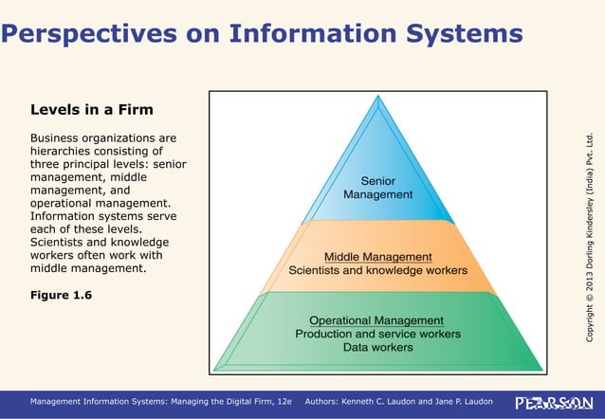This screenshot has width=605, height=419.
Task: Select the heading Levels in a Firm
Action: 93,110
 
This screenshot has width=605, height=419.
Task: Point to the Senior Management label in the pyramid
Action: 378,187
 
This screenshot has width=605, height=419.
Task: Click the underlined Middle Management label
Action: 378,256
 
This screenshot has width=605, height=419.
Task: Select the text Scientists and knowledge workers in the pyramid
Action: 378,270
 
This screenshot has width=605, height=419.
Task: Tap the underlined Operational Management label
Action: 376,320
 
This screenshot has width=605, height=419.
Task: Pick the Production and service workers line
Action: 377,334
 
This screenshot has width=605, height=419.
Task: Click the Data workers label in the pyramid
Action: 377,347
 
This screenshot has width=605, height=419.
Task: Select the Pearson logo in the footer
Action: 548,403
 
